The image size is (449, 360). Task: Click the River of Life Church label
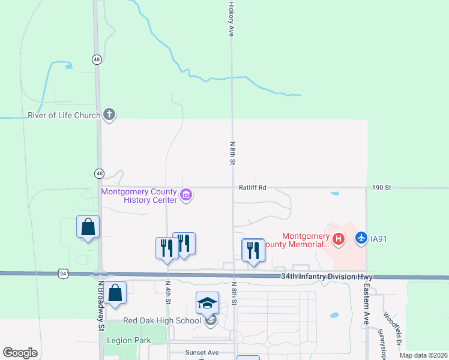(64, 115)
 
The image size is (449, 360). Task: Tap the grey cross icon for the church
(109, 113)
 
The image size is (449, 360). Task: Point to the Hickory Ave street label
(231, 19)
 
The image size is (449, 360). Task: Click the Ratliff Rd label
(252, 188)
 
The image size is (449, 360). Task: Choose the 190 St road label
(382, 188)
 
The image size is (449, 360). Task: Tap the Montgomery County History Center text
(139, 196)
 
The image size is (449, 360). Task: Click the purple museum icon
(186, 194)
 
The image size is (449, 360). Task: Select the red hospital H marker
(339, 239)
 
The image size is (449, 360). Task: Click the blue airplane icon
(361, 238)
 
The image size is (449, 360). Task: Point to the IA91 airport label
(378, 239)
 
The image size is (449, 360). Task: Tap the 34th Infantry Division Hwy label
(327, 277)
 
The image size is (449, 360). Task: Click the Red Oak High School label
(162, 320)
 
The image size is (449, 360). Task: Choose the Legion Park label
(127, 340)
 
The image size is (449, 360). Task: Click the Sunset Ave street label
(202, 353)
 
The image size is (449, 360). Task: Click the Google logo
(20, 353)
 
